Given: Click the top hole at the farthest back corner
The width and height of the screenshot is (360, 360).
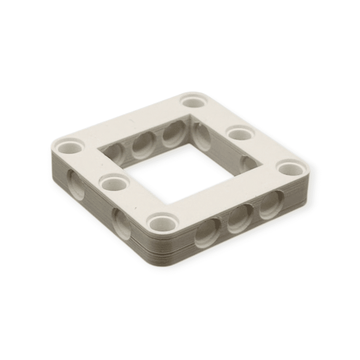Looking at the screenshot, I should pos(194,100).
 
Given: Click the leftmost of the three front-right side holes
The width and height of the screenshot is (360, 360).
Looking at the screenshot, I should pos(207,233).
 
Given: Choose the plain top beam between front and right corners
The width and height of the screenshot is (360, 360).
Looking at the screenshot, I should pos(225,193).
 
